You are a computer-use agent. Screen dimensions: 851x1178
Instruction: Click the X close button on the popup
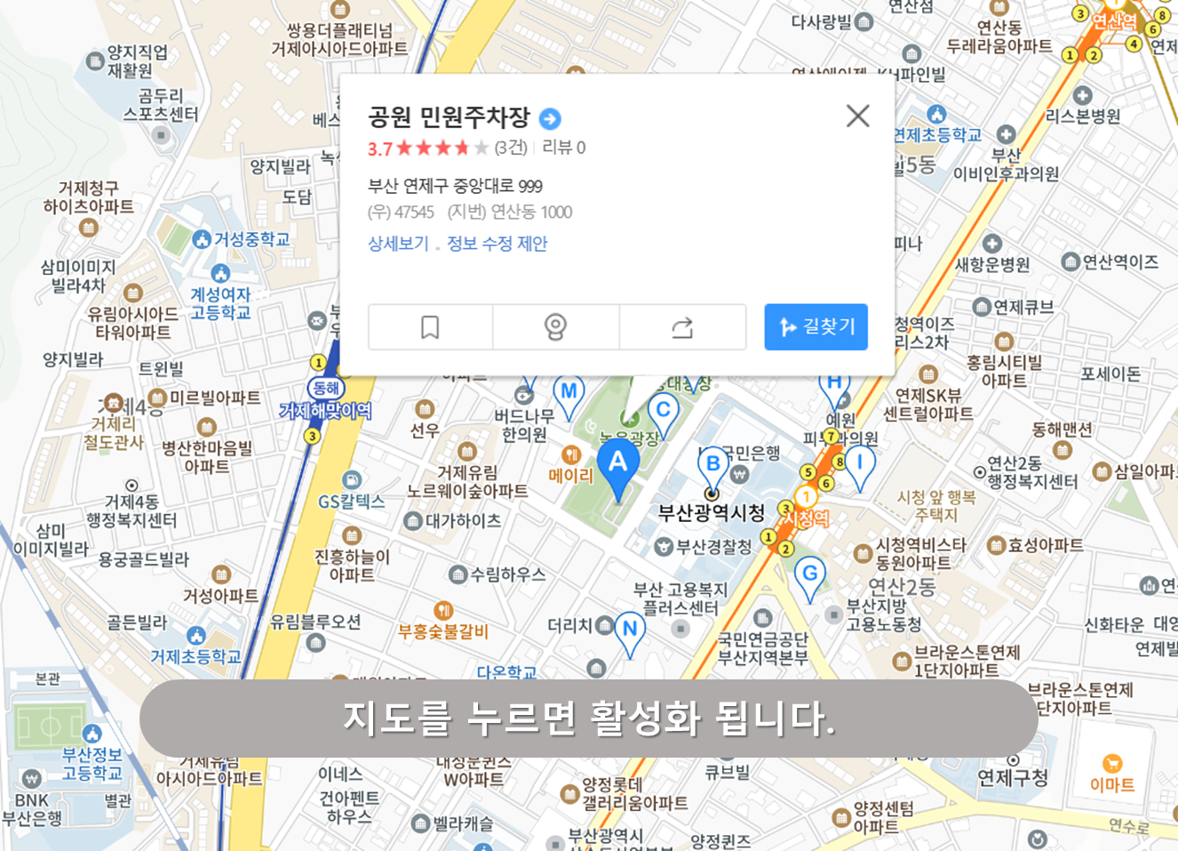(857, 116)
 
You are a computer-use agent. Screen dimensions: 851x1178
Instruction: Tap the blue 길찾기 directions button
(816, 327)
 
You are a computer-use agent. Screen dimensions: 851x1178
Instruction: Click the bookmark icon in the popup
(430, 327)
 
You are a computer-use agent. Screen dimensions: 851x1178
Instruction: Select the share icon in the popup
(682, 327)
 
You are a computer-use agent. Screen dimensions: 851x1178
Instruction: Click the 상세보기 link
(398, 244)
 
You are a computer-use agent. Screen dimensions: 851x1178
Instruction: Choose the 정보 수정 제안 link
(497, 244)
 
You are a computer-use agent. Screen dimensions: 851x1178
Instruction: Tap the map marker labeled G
(809, 575)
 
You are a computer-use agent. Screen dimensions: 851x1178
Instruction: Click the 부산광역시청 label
(711, 513)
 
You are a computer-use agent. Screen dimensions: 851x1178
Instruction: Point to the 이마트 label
(1112, 784)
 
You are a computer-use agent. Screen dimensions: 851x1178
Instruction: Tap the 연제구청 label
(1013, 778)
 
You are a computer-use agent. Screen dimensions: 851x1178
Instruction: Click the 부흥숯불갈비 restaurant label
(443, 631)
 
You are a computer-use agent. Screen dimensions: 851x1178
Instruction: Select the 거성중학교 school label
(251, 239)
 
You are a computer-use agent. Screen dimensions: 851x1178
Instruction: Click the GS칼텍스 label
(352, 502)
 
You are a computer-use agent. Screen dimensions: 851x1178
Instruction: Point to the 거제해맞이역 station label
(325, 411)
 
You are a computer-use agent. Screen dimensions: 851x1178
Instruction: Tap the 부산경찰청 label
(714, 547)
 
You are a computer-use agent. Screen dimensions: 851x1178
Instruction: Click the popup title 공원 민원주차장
(449, 117)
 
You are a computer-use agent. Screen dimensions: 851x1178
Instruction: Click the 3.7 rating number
(379, 149)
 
